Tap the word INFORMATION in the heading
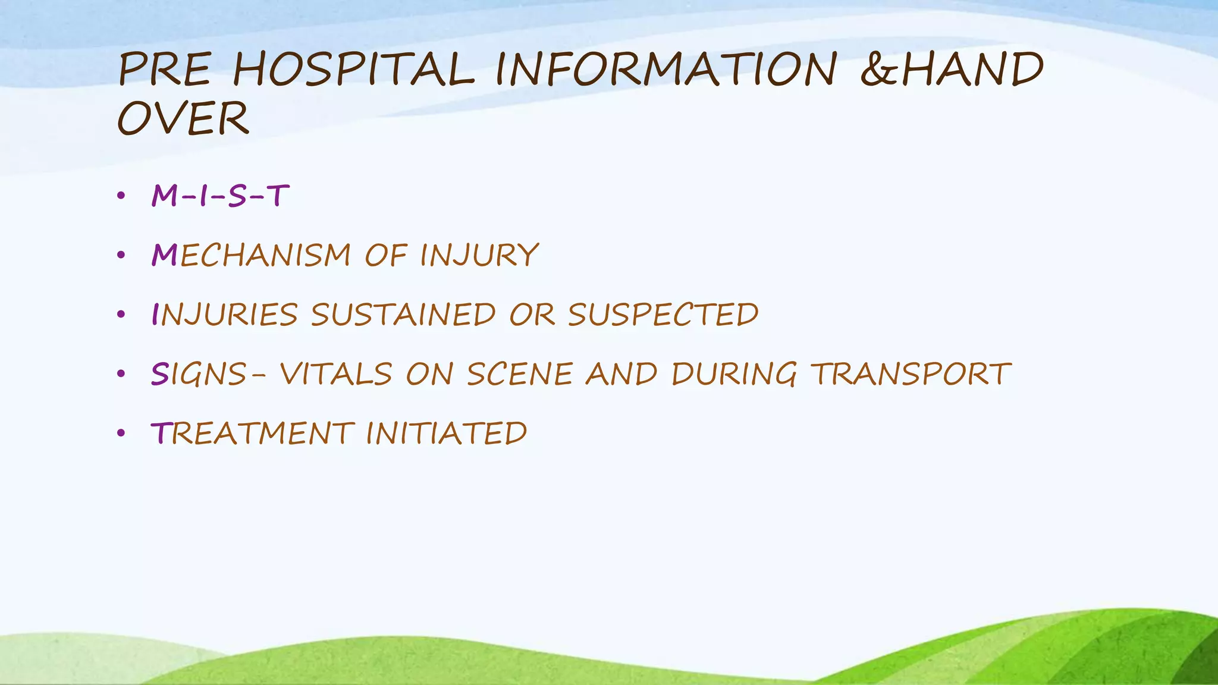666,69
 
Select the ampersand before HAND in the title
879,69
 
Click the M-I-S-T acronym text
220,196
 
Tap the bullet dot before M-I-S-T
121,196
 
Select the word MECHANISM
251,255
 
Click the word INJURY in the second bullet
479,255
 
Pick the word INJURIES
225,315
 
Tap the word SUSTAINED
403,315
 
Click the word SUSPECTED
663,315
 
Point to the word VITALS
336,374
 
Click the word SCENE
519,374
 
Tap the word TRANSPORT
911,374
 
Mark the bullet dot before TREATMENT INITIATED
121,433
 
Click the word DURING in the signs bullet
734,374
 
